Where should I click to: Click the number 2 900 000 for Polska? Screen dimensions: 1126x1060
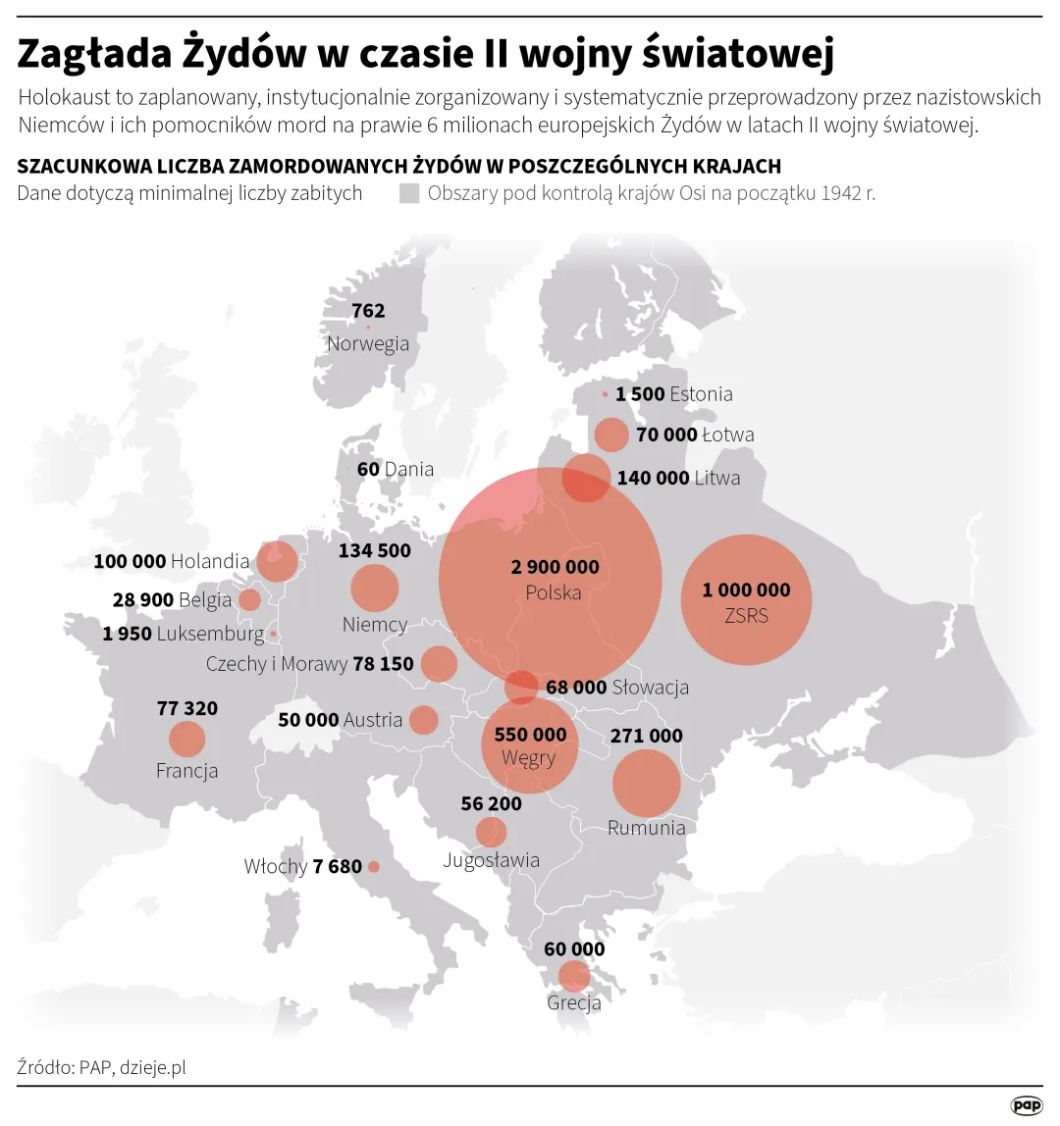[555, 567]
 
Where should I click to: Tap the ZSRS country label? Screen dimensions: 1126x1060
[746, 616]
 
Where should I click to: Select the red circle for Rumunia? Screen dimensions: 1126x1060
[646, 783]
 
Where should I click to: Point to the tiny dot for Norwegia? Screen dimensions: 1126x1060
[368, 327]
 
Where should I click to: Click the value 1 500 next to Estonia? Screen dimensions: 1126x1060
[640, 394]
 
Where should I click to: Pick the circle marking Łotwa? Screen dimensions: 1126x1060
[611, 435]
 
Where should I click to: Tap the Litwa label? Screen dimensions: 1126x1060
[716, 478]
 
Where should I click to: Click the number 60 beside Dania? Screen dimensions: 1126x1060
[368, 469]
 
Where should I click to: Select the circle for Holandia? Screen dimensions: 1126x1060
[276, 561]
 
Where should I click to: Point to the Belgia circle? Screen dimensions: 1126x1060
[249, 599]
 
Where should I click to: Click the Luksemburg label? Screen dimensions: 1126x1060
[210, 635]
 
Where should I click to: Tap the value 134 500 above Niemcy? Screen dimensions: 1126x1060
[374, 551]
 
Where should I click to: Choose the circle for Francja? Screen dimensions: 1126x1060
[186, 739]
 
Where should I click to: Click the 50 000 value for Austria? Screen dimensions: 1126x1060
[308, 720]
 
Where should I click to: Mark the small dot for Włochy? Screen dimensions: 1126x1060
[373, 867]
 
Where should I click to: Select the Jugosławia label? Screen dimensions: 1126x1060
[491, 860]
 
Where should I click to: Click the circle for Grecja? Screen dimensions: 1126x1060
[573, 976]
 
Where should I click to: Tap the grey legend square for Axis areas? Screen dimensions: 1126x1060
[409, 193]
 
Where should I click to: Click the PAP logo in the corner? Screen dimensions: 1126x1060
[1027, 1105]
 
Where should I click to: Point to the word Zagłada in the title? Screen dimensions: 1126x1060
[94, 55]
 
